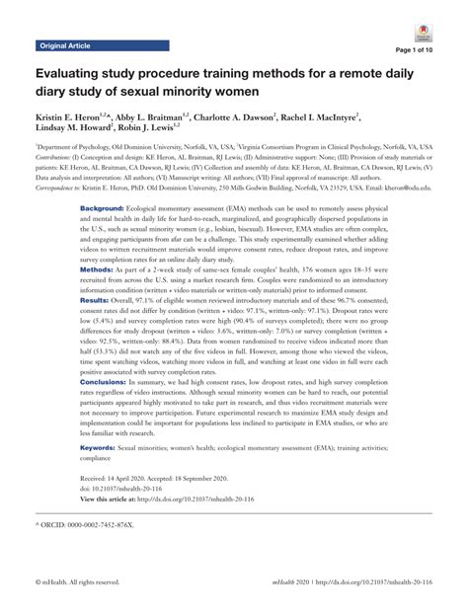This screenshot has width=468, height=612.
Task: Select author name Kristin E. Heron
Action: click(74, 117)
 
